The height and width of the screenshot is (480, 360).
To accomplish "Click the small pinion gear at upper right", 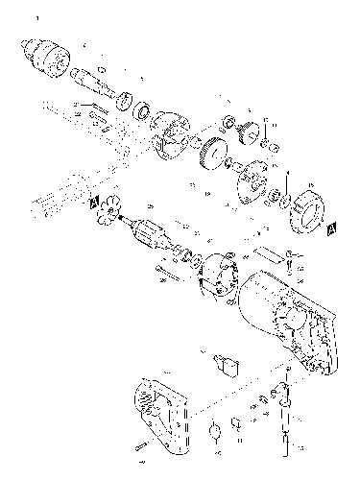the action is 247,132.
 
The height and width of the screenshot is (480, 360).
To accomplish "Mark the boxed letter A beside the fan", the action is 92,203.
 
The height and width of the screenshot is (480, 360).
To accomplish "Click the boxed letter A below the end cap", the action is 329,230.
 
